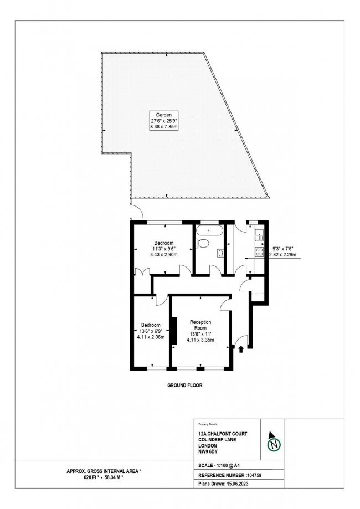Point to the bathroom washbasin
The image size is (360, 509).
220,253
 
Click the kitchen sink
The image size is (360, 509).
258,237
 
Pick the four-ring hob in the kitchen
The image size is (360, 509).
258,252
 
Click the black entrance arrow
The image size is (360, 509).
241,348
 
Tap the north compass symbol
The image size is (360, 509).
272,443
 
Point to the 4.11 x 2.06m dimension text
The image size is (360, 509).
151,336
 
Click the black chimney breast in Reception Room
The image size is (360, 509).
173,331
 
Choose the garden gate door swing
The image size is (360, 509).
136,211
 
